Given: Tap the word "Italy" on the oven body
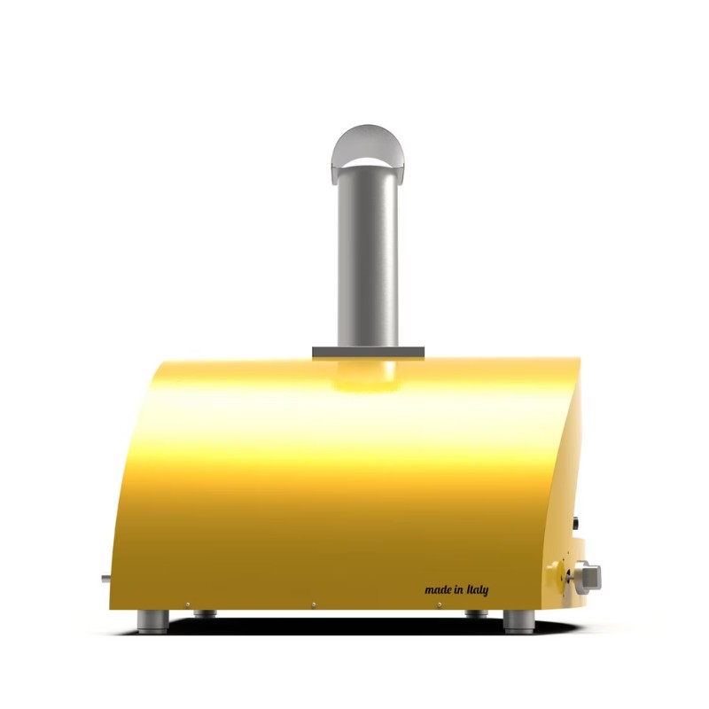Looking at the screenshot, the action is pyautogui.click(x=478, y=589).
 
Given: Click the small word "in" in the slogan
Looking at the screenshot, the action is pyautogui.click(x=459, y=589).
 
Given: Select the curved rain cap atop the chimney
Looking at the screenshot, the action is pyautogui.click(x=368, y=152).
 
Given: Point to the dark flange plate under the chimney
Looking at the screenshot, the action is pyautogui.click(x=368, y=353).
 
